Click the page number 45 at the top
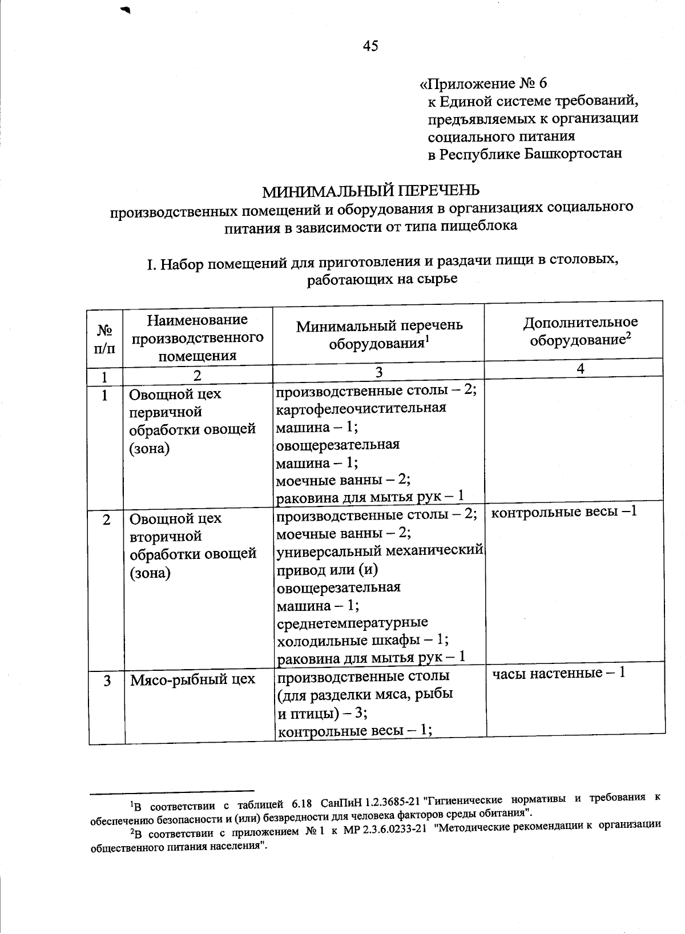coord(370,46)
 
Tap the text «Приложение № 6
coord(483,83)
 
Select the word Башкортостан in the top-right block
coord(573,154)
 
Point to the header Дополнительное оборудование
coord(580,331)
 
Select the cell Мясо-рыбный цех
coord(192,680)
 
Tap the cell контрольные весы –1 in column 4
coord(563,512)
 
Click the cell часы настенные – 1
coord(559,673)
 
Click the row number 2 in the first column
coord(106,520)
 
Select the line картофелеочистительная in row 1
coord(361,408)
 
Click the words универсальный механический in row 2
coord(380,551)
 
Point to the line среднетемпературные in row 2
coord(352,622)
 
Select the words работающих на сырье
coord(382,279)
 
